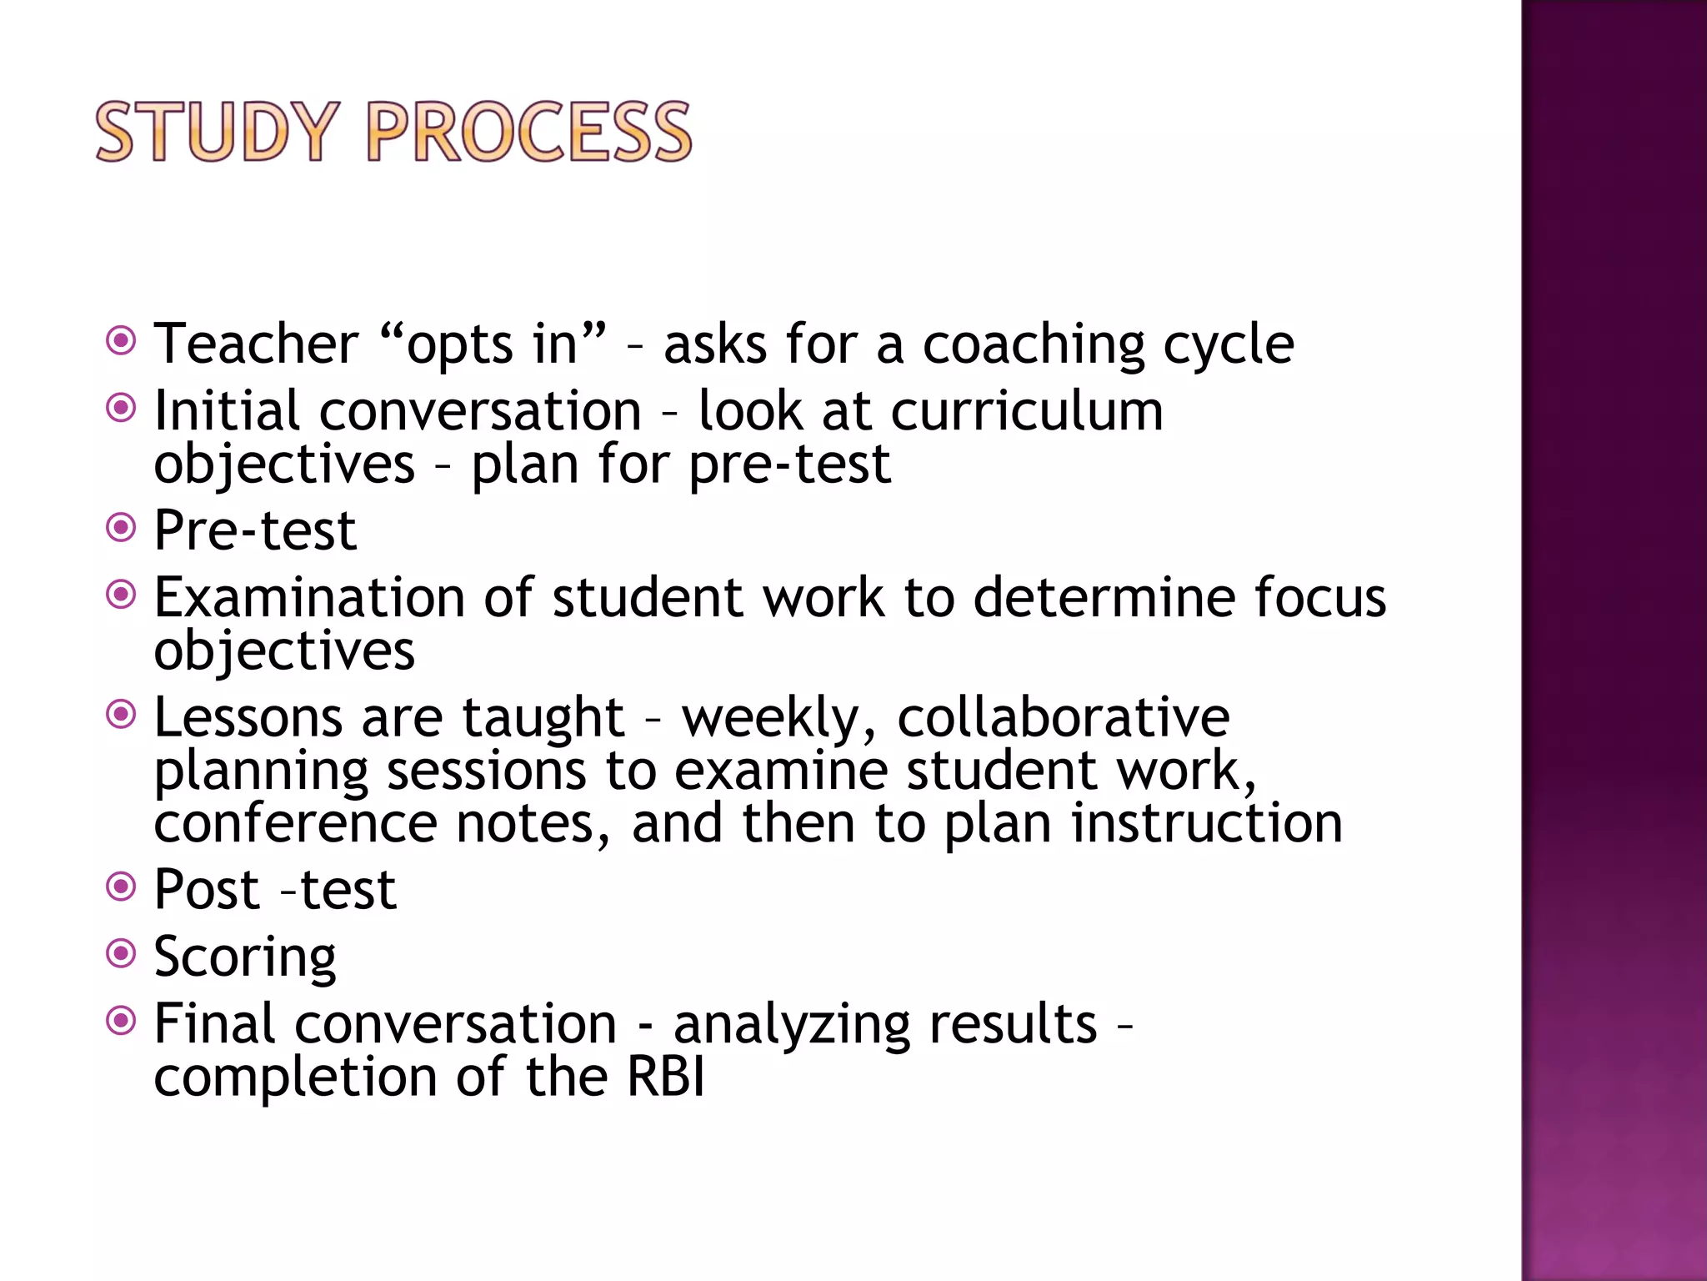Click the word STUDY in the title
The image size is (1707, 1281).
click(218, 132)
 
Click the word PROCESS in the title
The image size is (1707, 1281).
click(529, 132)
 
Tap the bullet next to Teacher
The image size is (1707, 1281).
click(122, 340)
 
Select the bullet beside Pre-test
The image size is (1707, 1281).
click(122, 527)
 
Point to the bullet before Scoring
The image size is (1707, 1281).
click(122, 952)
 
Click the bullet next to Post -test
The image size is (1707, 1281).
click(122, 886)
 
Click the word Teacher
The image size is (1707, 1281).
click(256, 344)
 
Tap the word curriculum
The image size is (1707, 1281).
click(1026, 411)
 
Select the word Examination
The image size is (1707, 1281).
click(309, 598)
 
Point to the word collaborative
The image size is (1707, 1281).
click(1063, 717)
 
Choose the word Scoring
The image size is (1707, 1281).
click(245, 957)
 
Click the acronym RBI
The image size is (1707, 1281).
click(665, 1076)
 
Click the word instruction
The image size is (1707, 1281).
click(1206, 823)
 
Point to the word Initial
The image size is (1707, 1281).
click(227, 411)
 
